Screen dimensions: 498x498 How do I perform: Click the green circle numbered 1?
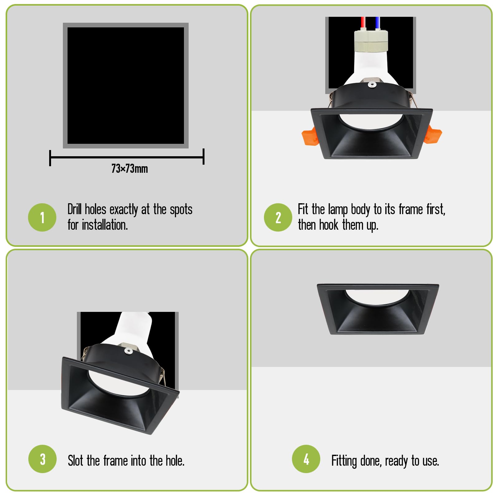42,217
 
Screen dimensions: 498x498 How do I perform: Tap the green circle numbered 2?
278,217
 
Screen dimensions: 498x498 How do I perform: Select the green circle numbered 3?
42,459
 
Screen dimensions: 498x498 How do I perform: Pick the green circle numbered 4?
306,459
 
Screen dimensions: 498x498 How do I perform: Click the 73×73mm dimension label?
129,169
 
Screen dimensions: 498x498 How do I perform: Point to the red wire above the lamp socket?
363,23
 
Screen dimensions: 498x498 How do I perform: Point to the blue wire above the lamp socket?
377,23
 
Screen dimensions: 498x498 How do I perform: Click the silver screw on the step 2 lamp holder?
371,84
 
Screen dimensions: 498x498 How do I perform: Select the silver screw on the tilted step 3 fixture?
128,351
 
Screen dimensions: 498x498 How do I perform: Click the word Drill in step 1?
75,209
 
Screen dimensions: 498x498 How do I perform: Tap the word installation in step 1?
105,225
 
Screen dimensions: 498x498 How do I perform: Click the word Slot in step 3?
75,461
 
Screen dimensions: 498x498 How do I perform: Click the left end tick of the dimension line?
50,158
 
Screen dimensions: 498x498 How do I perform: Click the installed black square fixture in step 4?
378,309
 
